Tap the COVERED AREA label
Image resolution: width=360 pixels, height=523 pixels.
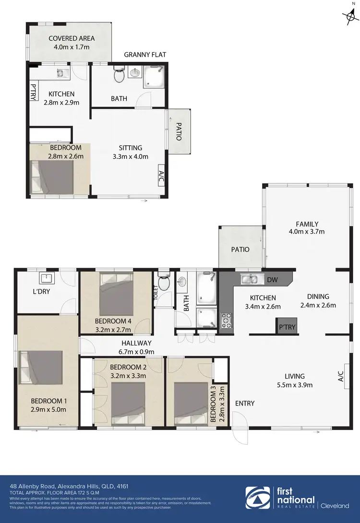(x=72, y=38)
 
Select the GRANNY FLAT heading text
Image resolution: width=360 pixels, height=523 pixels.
(x=145, y=55)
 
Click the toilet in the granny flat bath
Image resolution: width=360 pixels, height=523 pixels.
(x=119, y=75)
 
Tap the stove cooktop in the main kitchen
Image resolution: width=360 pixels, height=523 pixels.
(x=226, y=319)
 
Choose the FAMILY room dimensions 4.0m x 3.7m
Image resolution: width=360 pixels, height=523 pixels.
(x=307, y=232)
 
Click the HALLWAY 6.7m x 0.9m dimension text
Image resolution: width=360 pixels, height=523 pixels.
(x=137, y=352)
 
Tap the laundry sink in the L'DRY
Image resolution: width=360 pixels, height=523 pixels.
(x=47, y=278)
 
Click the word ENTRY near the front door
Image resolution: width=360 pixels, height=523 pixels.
(x=245, y=403)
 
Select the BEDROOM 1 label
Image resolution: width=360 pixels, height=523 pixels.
(x=49, y=401)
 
